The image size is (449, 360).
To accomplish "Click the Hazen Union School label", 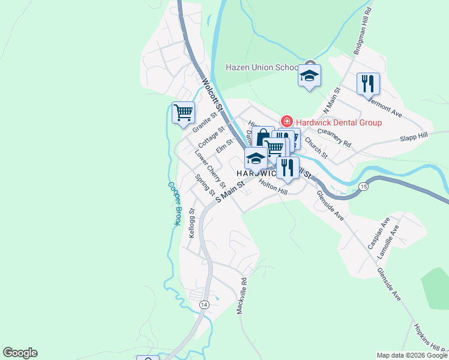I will coord(262,67).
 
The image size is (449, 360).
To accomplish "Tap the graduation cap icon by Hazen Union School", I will coord(310,76).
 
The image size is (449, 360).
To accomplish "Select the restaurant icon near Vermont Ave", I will coord(368,83).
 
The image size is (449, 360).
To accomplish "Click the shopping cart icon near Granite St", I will coord(183,112).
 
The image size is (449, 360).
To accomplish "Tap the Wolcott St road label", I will coord(212,95).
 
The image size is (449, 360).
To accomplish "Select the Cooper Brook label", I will coord(173,203).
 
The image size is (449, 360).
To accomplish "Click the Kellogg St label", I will coord(191,223).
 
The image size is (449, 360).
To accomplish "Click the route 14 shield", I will coord(204,305).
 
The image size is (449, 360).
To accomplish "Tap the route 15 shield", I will coord(364,187).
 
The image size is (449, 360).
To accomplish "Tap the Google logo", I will coord(20,353).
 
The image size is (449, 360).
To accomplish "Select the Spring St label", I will coord(205,185).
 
